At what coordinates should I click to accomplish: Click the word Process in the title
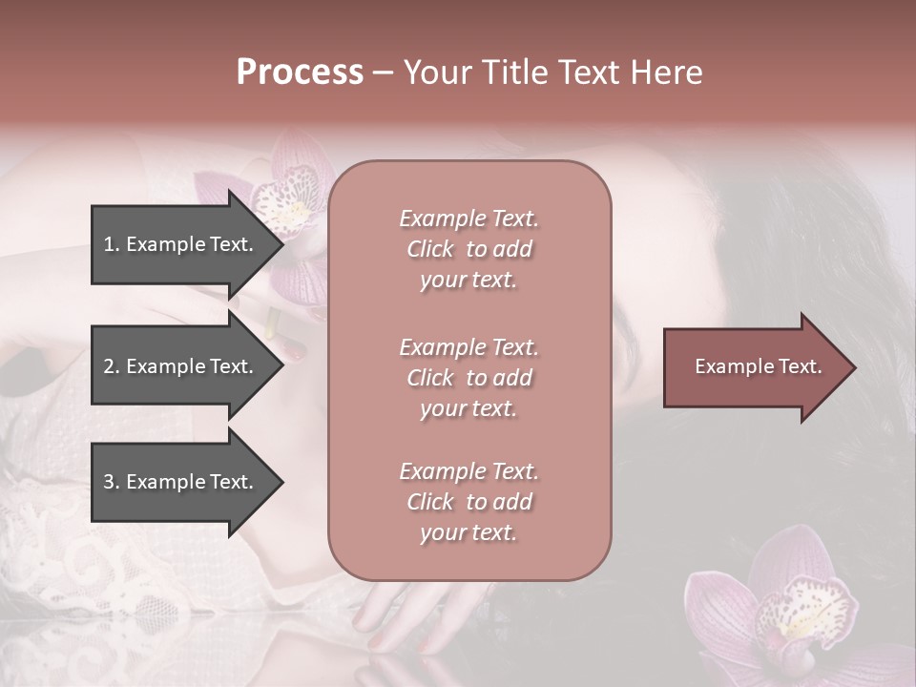point(300,73)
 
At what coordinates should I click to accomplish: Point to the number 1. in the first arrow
point(112,244)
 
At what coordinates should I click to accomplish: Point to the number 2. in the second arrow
point(112,366)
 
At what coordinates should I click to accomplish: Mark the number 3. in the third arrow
point(112,482)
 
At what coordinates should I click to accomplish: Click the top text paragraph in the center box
point(468,249)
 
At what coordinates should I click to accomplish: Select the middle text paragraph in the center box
point(468,378)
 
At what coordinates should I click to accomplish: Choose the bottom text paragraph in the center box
point(468,502)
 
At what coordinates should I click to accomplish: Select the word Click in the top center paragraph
point(430,249)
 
